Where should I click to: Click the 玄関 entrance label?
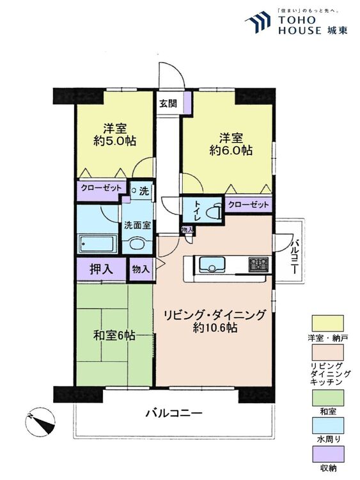(168, 103)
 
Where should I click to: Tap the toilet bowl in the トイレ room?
(214, 211)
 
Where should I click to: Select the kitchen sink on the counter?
(212, 264)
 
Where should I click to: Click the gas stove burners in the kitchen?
(259, 264)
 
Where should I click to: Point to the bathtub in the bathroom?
(98, 244)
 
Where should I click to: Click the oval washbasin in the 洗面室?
(137, 244)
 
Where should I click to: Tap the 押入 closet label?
(101, 269)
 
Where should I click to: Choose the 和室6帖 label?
(114, 336)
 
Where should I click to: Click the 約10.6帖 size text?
(215, 328)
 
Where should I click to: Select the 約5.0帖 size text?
(114, 141)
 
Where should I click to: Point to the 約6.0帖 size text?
(231, 150)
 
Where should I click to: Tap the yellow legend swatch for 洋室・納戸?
(327, 323)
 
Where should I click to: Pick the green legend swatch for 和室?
(327, 397)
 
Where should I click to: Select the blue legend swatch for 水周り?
(327, 426)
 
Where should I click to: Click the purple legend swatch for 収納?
(327, 454)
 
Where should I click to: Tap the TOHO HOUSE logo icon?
(258, 21)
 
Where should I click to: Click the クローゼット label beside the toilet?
(248, 205)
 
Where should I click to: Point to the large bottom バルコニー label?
(174, 413)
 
